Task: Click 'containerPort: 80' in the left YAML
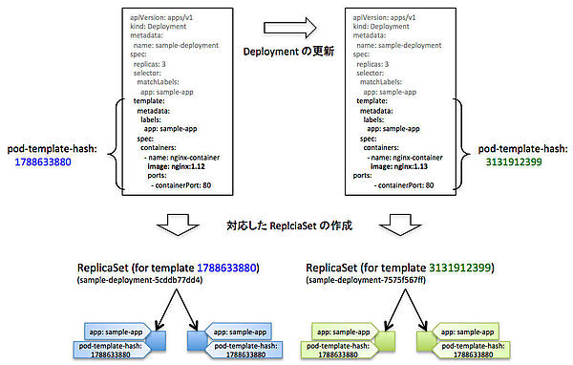[187, 185]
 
